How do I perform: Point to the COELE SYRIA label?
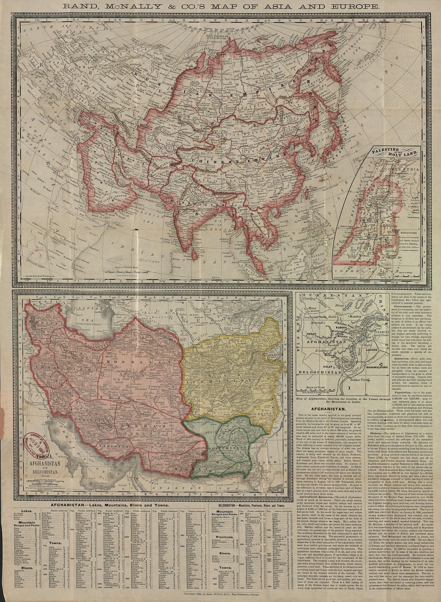[401, 179]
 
